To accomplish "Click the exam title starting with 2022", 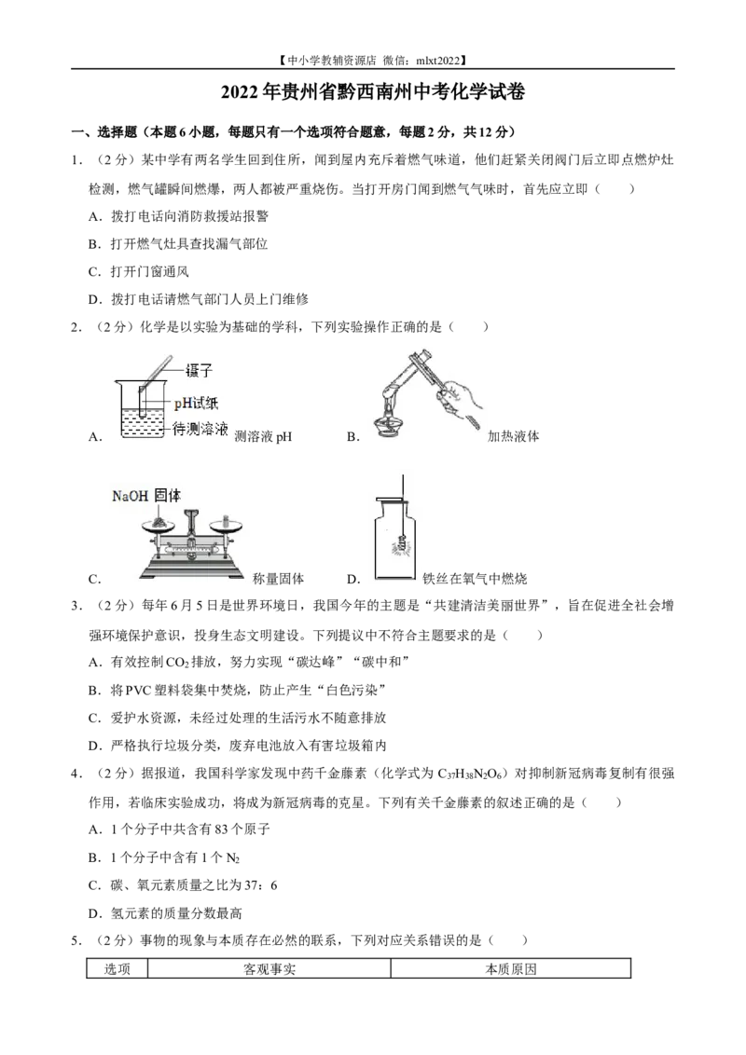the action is click(373, 92).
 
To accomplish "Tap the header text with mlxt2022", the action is click(372, 60).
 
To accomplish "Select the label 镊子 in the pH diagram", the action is click(199, 369).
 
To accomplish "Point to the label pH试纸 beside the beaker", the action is click(196, 403).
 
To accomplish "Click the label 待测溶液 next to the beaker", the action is click(200, 428).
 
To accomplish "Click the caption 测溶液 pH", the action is click(263, 437).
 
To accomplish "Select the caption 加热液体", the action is click(513, 436).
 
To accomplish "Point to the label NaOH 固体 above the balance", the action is click(146, 496).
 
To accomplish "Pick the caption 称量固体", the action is click(278, 578).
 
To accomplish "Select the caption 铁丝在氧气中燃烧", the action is click(474, 578).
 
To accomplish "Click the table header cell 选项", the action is click(117, 969).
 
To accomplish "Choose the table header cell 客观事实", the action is click(269, 969).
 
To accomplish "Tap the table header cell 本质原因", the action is click(511, 969).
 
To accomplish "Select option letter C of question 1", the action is click(94, 272).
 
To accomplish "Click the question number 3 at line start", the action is click(76, 606).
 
